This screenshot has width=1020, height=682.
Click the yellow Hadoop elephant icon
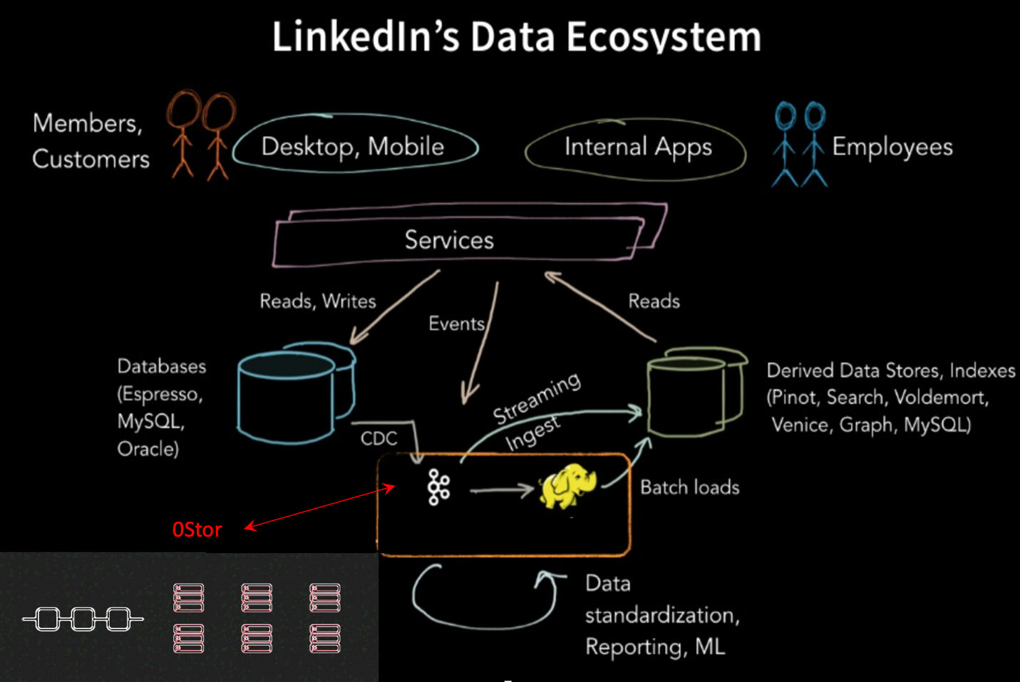click(567, 486)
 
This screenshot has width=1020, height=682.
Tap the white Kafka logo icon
click(438, 487)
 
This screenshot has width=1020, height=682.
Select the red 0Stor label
click(197, 529)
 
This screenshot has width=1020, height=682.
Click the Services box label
click(449, 240)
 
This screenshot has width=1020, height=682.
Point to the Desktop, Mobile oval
click(354, 147)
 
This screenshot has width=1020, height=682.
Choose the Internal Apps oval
click(637, 148)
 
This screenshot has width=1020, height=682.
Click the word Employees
click(892, 147)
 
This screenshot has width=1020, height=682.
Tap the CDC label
click(378, 438)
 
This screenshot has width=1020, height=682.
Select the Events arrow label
click(456, 324)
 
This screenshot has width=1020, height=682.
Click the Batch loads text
click(689, 487)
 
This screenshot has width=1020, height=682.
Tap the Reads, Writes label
click(317, 301)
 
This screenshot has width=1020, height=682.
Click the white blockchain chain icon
click(83, 619)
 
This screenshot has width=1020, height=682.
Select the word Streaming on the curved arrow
click(537, 398)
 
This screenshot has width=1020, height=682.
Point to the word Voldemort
click(941, 397)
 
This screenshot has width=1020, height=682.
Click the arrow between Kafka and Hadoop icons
click(502, 490)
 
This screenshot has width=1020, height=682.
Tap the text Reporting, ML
click(654, 646)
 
